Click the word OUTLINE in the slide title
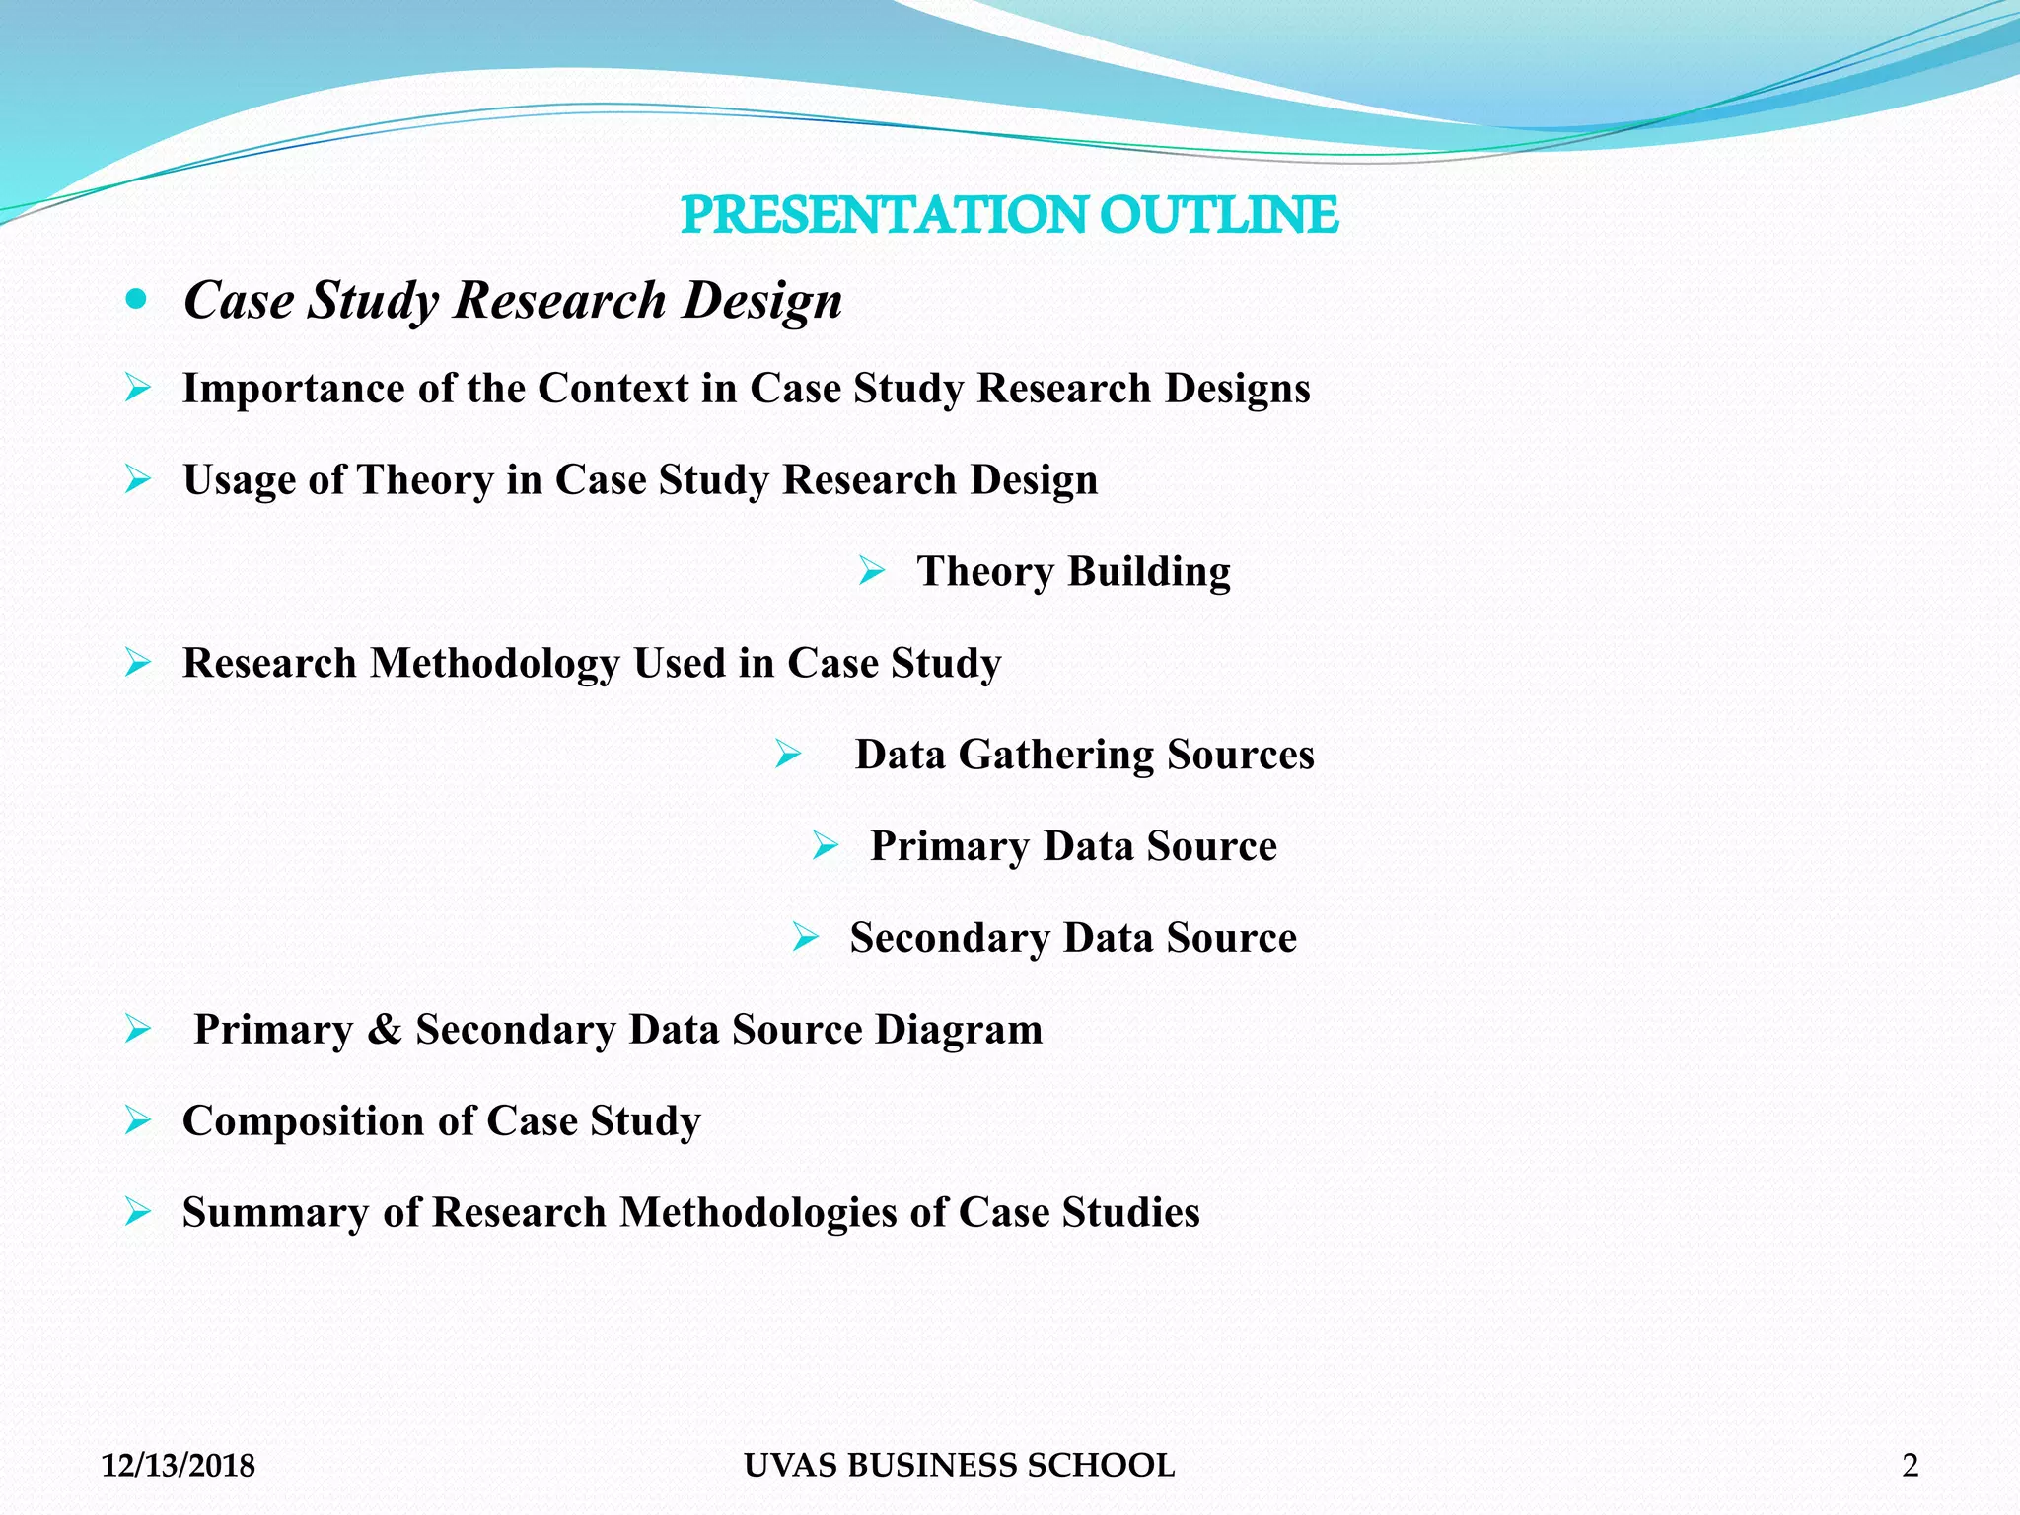(1218, 215)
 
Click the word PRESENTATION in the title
(884, 215)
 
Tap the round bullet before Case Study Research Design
(137, 299)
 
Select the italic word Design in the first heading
(762, 301)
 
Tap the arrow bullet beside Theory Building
(871, 570)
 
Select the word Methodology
(494, 664)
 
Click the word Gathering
(1055, 756)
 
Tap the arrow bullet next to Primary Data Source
(825, 845)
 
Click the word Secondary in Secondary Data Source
(949, 938)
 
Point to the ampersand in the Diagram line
(384, 1030)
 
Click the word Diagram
(958, 1030)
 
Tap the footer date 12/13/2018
(179, 1466)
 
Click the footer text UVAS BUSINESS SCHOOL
(959, 1466)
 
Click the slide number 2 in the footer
(1910, 1466)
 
